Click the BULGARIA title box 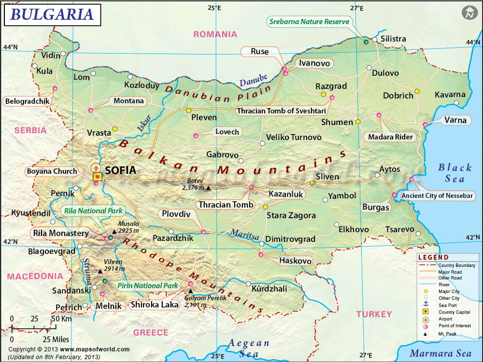click(53, 14)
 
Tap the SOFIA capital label click(121, 170)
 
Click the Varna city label click(455, 120)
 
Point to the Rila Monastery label click(61, 234)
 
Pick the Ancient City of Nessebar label click(438, 195)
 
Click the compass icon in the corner click(468, 13)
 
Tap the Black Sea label click(455, 173)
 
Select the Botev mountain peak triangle click(208, 188)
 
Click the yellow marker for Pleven click(189, 111)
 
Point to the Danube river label click(254, 80)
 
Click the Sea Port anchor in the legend click(426, 305)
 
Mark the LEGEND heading click(433, 257)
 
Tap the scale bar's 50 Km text click(62, 319)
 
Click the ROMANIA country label click(215, 34)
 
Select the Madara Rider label click(391, 137)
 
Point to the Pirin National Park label click(148, 286)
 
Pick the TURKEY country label click(374, 314)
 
